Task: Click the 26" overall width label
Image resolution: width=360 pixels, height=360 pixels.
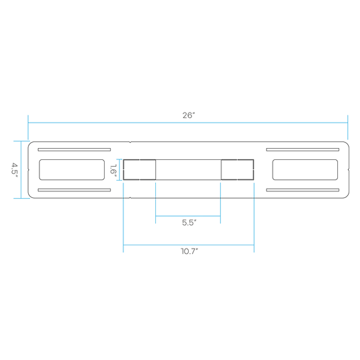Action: click(x=189, y=115)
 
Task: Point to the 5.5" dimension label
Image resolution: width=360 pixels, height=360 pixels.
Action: click(x=189, y=223)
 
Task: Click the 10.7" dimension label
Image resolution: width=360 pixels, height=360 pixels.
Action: click(x=189, y=251)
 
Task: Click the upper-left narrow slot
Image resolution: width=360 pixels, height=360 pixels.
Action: click(x=74, y=150)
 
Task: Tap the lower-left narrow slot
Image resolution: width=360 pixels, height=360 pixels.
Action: click(x=74, y=190)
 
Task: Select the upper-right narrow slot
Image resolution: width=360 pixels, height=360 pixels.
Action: click(x=303, y=150)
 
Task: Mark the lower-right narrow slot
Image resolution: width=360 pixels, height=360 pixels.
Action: click(x=303, y=190)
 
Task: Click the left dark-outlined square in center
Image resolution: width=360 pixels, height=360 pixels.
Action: click(x=139, y=159)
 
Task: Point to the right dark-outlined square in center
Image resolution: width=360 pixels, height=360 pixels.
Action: click(x=237, y=159)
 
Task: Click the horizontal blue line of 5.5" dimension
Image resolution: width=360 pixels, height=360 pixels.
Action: click(x=188, y=216)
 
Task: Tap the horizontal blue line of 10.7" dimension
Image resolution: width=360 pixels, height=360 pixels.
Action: click(x=189, y=245)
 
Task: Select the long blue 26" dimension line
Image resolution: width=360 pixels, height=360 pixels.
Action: click(x=188, y=123)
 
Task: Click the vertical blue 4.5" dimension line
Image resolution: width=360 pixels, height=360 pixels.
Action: click(x=21, y=170)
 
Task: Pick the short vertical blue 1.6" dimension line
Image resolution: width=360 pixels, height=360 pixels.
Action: click(x=119, y=170)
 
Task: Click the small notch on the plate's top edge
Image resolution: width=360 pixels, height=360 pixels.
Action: click(x=130, y=142)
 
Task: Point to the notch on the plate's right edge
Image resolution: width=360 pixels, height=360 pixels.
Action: click(x=349, y=170)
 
